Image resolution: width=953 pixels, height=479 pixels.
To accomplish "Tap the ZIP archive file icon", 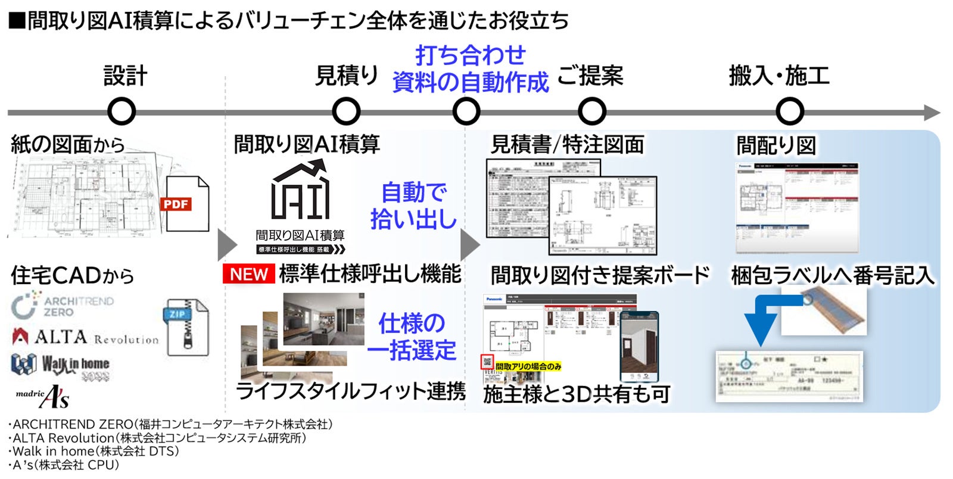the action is click(185, 326).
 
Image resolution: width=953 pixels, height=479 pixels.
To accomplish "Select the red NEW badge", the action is click(248, 274).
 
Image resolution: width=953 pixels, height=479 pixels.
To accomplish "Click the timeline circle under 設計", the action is click(122, 111).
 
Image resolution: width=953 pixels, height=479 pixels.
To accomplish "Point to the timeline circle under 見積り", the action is click(346, 111).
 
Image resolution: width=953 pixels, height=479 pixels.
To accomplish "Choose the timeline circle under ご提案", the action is click(591, 111).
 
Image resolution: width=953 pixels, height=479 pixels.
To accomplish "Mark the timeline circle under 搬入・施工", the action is click(790, 111).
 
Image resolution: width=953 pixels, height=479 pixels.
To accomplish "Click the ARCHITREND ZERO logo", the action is click(62, 306).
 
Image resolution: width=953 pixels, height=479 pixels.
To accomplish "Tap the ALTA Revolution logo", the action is click(85, 337).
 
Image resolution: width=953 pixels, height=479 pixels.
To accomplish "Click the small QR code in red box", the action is click(488, 362).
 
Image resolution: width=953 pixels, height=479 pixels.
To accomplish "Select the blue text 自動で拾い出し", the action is click(413, 206).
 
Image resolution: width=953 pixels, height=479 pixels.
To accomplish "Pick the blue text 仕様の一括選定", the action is click(412, 337).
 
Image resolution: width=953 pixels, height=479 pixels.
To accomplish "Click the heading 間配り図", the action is click(776, 145).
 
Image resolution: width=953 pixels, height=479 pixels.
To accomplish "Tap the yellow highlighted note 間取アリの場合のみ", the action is click(528, 366).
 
